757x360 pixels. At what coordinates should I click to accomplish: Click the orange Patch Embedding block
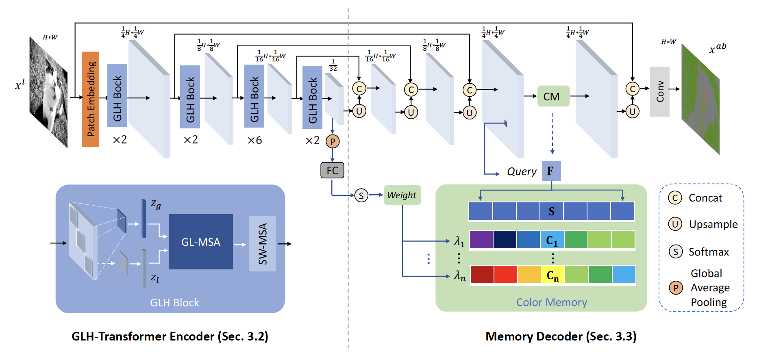click(x=90, y=99)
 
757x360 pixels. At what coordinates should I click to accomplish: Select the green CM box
click(x=553, y=96)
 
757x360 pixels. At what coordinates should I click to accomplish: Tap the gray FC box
click(x=332, y=170)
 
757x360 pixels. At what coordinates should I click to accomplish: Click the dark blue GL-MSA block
click(x=200, y=242)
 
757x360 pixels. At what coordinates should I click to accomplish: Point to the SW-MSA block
click(x=262, y=244)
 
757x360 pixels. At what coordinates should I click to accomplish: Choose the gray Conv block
click(x=659, y=91)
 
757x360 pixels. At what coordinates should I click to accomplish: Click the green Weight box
click(x=402, y=195)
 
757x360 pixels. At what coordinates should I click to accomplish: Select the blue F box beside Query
click(x=551, y=171)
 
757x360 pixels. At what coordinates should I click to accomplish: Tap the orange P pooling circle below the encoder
click(x=333, y=141)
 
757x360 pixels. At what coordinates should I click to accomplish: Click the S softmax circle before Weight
click(x=361, y=195)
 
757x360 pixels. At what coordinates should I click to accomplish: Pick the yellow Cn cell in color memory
click(x=553, y=275)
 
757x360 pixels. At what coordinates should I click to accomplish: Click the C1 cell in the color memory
click(x=552, y=240)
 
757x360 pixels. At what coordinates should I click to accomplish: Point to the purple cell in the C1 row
click(x=481, y=240)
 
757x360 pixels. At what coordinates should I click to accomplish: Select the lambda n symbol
click(x=460, y=276)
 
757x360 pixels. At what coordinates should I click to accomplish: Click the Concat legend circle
click(x=675, y=198)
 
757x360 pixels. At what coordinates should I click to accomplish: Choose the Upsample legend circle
click(x=675, y=224)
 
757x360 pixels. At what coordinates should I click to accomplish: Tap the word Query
click(x=522, y=171)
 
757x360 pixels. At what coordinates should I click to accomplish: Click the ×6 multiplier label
click(x=255, y=140)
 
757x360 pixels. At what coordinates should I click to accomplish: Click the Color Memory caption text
click(x=551, y=302)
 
